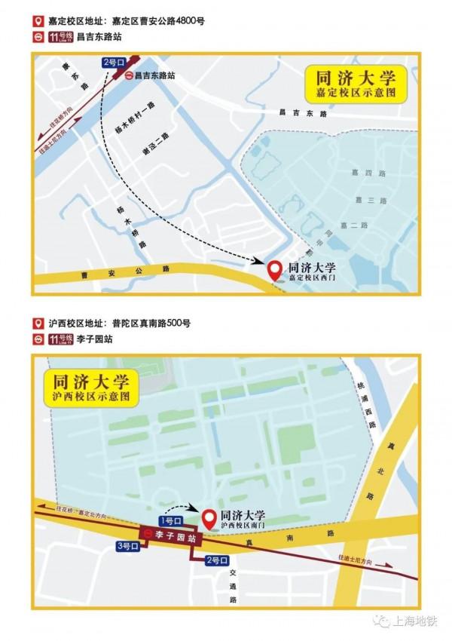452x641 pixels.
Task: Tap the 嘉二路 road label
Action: (353, 225)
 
